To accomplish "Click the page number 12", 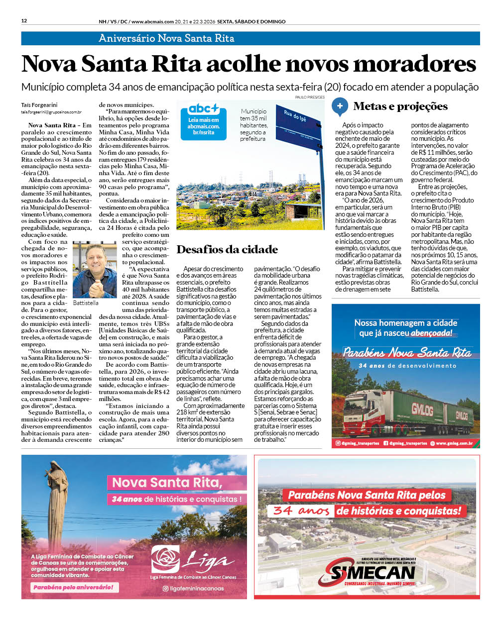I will coord(24,21).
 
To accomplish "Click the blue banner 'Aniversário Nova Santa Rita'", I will coord(166,38).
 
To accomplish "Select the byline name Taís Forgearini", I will coord(39,105).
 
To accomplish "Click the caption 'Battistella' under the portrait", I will coord(86,303).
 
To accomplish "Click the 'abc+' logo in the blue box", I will coord(203,109).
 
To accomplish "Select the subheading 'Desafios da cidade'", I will coord(227,250).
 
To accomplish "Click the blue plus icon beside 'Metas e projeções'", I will coord(340,106).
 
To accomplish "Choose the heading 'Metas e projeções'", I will coord(400,106).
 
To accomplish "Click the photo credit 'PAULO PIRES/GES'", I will coord(310,98).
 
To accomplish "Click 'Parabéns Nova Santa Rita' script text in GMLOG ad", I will coord(406,352).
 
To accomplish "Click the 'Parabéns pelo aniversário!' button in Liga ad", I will coord(73,587).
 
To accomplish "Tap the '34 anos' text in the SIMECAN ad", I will coord(301,511).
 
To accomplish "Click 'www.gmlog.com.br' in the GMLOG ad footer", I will coord(454,443).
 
